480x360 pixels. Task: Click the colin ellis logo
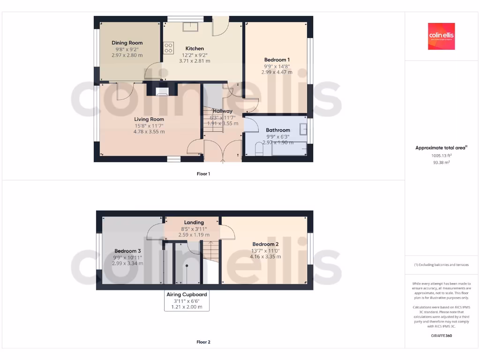(x=441, y=36)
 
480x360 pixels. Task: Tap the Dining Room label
(x=127, y=43)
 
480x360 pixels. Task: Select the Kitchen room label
(x=195, y=49)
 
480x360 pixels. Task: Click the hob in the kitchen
(x=168, y=48)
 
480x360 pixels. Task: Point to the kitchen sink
(x=190, y=26)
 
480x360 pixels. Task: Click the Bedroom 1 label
(x=277, y=60)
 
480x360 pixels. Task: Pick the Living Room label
(x=149, y=120)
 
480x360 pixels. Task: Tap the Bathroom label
(x=278, y=130)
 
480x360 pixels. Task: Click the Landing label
(x=194, y=223)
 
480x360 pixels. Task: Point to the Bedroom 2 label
(x=265, y=244)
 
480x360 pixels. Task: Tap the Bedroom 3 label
(x=127, y=251)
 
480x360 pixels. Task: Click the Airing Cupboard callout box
(x=187, y=300)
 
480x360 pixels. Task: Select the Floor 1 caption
(x=203, y=174)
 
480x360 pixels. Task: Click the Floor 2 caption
(x=203, y=342)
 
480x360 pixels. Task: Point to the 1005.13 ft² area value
(x=441, y=156)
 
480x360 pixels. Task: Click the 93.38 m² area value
(x=441, y=163)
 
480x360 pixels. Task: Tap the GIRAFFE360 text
(x=441, y=336)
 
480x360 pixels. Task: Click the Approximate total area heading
(x=441, y=148)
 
